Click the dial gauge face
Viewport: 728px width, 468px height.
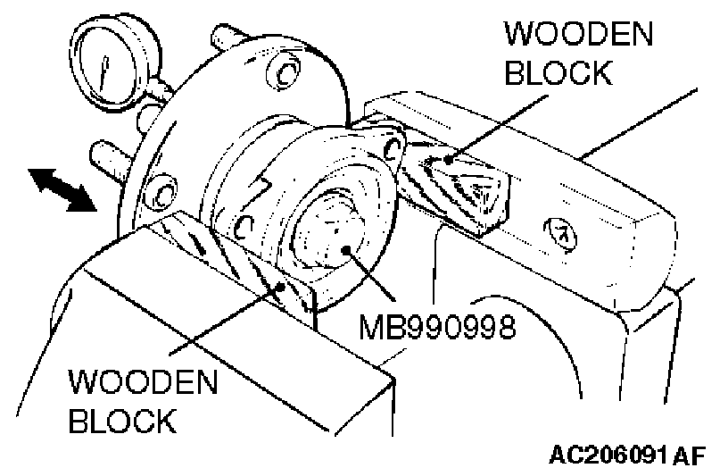coord(105,63)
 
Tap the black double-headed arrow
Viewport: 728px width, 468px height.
coord(62,191)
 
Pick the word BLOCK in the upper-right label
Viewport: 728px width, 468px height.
coord(558,72)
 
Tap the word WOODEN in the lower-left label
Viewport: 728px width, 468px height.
coord(143,384)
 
